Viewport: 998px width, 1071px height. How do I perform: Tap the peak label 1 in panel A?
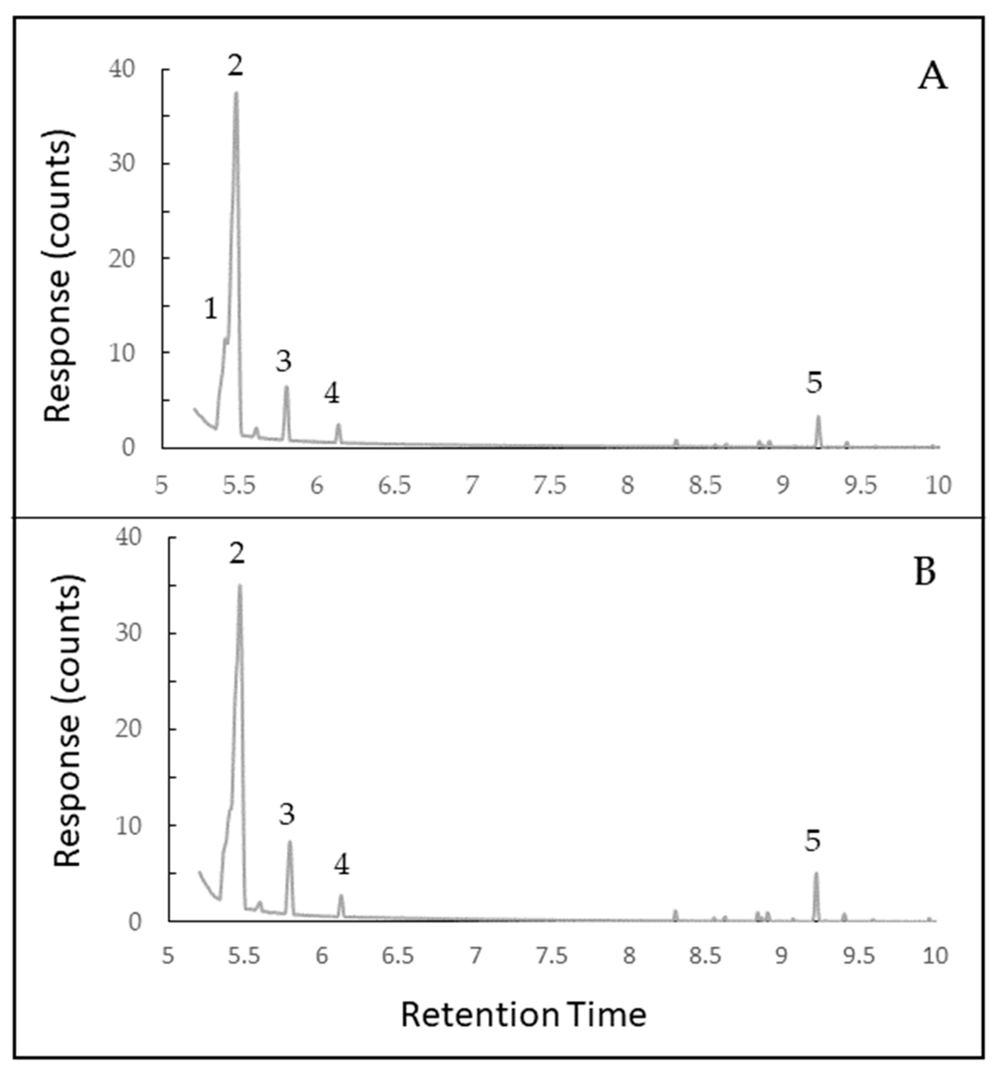[x=211, y=310]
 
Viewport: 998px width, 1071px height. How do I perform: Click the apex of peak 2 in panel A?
[x=236, y=93]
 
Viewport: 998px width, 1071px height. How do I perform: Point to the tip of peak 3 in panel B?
[x=290, y=841]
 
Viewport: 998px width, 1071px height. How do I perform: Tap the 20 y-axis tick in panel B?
[x=128, y=729]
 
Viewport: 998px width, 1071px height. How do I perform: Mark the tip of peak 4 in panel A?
[x=338, y=424]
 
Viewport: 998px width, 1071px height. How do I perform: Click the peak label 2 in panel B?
[x=237, y=554]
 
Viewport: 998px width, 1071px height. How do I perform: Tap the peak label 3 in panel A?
[x=283, y=361]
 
